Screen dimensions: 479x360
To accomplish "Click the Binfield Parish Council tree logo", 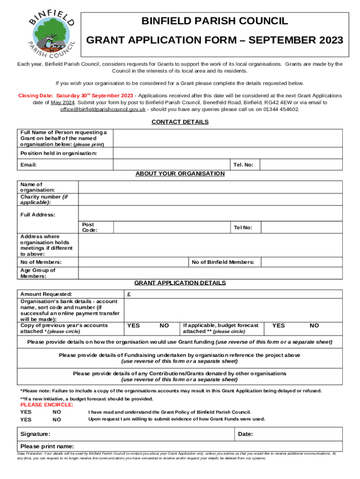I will click(x=50, y=32).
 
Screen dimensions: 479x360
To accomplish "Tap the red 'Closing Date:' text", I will click(x=36, y=95).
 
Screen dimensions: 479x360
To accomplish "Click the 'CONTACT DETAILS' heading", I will click(x=180, y=122).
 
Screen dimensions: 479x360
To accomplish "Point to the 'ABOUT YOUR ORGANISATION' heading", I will click(x=180, y=174).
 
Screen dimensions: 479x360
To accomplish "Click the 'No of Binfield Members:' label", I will click(x=223, y=262).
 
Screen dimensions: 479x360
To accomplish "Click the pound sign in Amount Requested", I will click(x=129, y=294).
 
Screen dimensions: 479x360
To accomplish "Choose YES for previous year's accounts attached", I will click(x=133, y=325).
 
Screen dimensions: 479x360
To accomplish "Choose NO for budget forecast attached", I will click(x=315, y=325).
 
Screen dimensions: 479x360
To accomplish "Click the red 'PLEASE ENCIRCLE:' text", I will click(x=46, y=405).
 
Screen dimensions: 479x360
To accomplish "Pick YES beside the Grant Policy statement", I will click(x=26, y=412).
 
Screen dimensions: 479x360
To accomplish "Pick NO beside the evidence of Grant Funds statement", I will click(x=57, y=420).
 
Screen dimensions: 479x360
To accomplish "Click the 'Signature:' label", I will click(x=35, y=434).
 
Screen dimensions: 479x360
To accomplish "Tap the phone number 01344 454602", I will click(x=280, y=109).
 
